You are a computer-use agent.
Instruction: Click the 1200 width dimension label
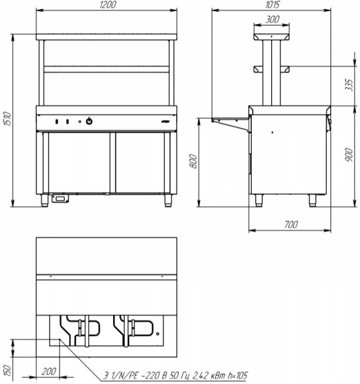[107, 5]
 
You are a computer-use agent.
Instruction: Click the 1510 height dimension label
[8, 119]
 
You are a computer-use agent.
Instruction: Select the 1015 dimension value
[272, 4]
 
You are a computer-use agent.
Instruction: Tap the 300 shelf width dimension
[272, 19]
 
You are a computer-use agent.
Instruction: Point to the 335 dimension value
[350, 85]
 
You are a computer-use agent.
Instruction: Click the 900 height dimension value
[348, 155]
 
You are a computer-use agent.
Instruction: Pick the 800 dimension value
[193, 161]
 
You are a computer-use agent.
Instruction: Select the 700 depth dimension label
[291, 225]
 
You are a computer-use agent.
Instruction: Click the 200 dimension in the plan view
[49, 371]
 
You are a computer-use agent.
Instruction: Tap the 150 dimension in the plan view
[8, 371]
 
